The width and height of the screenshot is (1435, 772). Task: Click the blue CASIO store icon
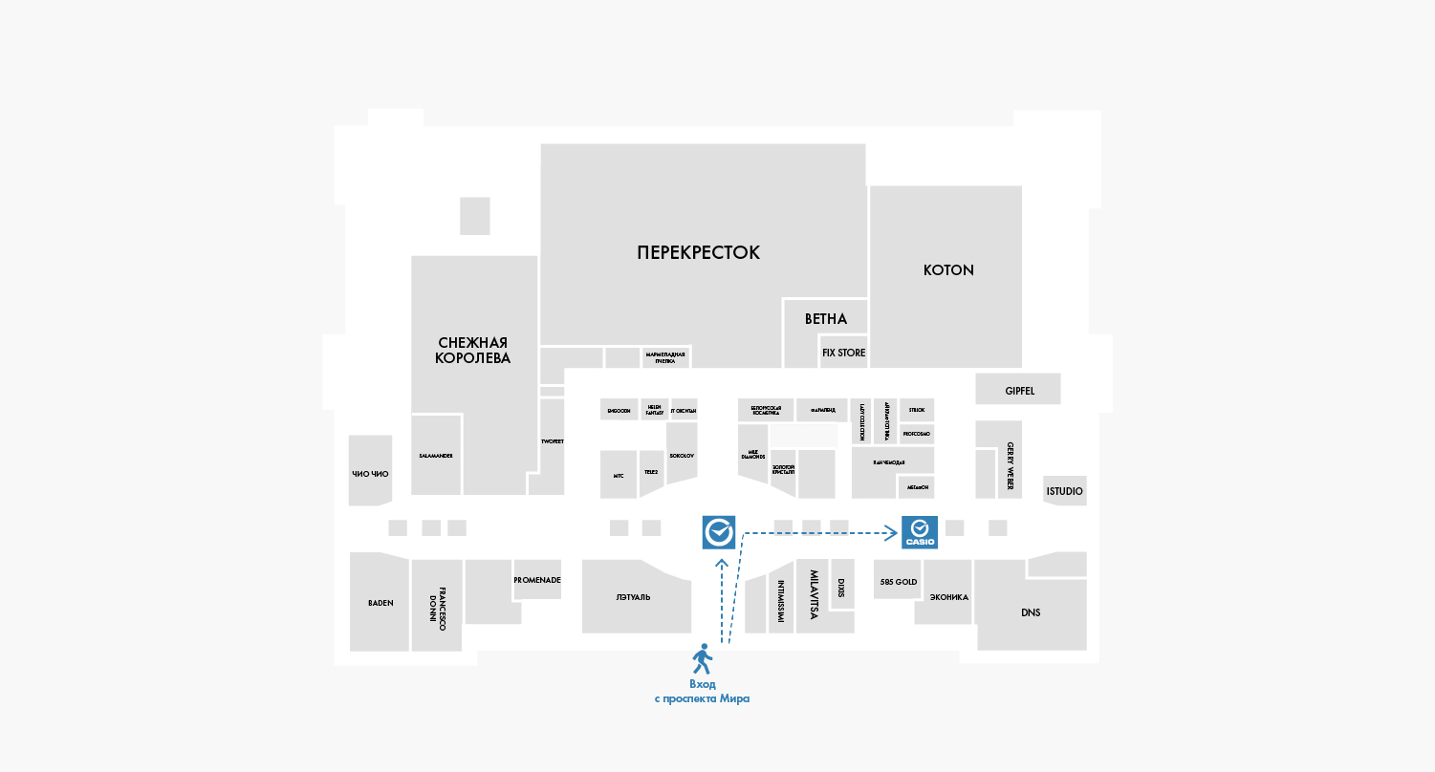tap(920, 532)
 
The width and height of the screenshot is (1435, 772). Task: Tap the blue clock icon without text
tap(719, 532)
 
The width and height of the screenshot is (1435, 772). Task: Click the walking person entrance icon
tap(703, 658)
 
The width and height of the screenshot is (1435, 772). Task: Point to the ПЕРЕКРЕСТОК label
tap(698, 252)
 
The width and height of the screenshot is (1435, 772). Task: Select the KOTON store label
tap(948, 270)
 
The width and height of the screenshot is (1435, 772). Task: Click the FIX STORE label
tap(843, 353)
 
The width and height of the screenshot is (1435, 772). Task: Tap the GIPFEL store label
tap(1019, 391)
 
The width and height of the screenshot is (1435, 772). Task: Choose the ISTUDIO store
tap(1064, 491)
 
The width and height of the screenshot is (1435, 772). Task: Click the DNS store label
tap(1031, 612)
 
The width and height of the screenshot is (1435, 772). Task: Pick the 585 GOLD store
tap(897, 581)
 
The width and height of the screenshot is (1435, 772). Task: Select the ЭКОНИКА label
tap(948, 597)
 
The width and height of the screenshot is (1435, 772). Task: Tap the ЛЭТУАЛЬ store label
tap(633, 597)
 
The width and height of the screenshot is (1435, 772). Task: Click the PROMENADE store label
tap(536, 580)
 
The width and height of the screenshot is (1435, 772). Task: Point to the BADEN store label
tap(380, 603)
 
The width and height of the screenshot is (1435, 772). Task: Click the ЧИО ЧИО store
tap(370, 473)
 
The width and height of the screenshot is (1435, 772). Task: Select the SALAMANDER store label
tap(436, 456)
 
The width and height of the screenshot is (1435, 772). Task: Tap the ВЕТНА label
tap(825, 319)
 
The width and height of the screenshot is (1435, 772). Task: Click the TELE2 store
tap(651, 472)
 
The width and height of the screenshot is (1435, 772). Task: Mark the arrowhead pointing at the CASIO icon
tap(891, 532)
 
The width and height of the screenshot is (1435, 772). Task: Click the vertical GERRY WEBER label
tap(1010, 465)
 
